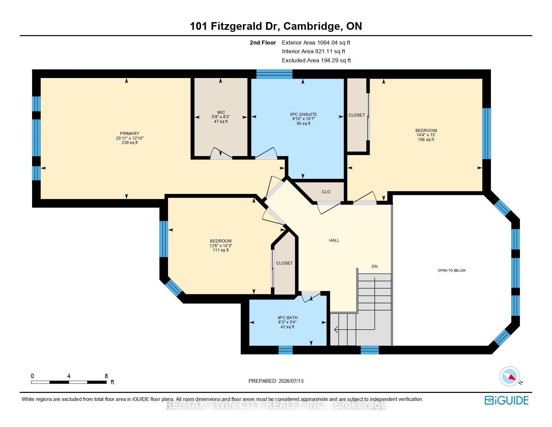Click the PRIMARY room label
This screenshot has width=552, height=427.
[x=129, y=134]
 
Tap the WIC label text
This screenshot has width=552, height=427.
[x=221, y=113]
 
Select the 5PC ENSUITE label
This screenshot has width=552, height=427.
[x=303, y=115]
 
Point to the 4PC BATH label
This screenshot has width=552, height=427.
[x=287, y=317]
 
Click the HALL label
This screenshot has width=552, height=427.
[x=334, y=240]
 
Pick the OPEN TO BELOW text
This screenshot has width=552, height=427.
[x=452, y=270]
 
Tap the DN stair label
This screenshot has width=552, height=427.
[x=374, y=267]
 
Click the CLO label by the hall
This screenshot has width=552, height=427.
[x=326, y=192]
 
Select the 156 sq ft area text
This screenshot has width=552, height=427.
[x=426, y=140]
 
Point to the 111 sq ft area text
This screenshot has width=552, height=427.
[x=220, y=250]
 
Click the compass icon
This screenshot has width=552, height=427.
[x=509, y=376]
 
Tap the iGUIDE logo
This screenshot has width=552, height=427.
[x=507, y=400]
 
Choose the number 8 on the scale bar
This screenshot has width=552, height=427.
[x=106, y=376]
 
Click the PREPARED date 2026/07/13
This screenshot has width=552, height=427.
[x=291, y=381]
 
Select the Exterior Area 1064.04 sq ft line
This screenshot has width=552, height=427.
[x=316, y=43]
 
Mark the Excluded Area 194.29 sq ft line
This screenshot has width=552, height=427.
[x=316, y=60]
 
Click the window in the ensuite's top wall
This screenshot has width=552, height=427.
[x=274, y=74]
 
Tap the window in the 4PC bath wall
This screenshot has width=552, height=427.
[x=285, y=350]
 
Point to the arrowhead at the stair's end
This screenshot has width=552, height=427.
[x=336, y=330]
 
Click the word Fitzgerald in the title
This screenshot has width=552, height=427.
[x=236, y=26]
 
